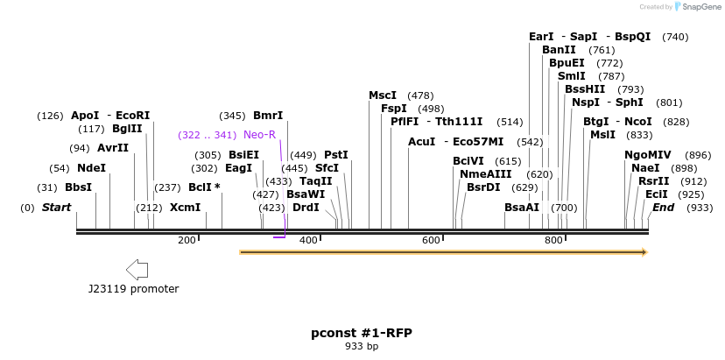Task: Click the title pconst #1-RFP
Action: tap(362, 333)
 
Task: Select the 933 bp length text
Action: tap(362, 347)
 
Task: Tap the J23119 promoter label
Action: tap(133, 288)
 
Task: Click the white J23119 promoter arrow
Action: tap(137, 269)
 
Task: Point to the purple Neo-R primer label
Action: tap(259, 135)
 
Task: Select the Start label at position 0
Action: tap(56, 208)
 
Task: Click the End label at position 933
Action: tap(663, 208)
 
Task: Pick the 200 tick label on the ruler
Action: tap(187, 240)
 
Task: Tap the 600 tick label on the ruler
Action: tap(431, 240)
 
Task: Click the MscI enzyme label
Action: tap(383, 95)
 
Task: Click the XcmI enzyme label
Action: tap(185, 208)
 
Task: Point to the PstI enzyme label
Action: tap(336, 155)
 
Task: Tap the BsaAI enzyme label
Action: tap(522, 208)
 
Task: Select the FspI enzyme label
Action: tap(394, 109)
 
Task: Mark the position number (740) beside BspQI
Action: tap(675, 37)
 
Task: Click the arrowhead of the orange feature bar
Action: tap(644, 252)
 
